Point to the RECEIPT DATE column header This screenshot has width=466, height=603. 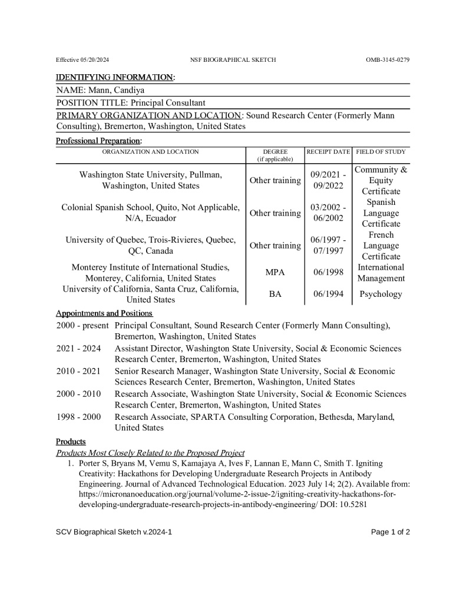point(328,152)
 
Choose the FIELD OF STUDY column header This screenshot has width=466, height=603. point(381,152)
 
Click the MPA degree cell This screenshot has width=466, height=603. point(275,273)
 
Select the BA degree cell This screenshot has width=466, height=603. point(275,294)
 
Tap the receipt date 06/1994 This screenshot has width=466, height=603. point(328,294)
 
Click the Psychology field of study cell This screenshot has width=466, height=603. point(381,294)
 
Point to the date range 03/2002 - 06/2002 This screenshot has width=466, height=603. point(328,213)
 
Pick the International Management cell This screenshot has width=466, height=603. point(381,273)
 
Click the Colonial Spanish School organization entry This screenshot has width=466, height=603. point(150,208)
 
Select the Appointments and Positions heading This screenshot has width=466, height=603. point(104,313)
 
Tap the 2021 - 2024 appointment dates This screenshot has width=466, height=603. point(79,349)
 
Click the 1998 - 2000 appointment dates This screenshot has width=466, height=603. point(79,417)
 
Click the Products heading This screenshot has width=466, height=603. point(71,442)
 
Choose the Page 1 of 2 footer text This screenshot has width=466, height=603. point(390,532)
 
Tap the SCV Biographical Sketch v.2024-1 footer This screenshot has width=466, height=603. point(114,532)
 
